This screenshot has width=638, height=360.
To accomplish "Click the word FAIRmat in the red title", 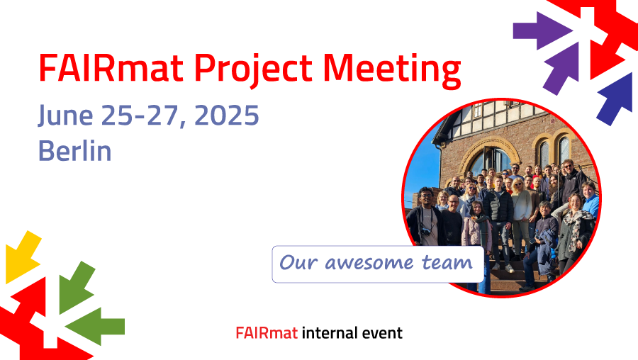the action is [111, 67].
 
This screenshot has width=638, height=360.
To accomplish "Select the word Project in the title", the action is [253, 70].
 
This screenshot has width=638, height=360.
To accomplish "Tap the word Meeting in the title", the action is [392, 70].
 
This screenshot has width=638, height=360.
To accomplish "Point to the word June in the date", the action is [65, 116].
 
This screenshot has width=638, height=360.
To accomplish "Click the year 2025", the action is [227, 116].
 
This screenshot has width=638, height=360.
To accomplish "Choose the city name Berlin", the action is [75, 150].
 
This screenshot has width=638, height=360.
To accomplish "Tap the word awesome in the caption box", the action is [369, 262].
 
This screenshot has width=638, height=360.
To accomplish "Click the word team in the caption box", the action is [447, 262].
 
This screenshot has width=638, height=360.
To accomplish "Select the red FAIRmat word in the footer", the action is [267, 333].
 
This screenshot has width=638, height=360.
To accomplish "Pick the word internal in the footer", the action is [329, 333].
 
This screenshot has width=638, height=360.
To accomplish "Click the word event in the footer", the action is [381, 333].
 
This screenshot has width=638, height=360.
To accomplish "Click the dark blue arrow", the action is [615, 99].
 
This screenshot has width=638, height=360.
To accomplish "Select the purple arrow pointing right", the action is [542, 31].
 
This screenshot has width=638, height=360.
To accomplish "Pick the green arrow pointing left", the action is [95, 326].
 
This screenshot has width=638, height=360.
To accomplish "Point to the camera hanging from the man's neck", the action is [426, 232].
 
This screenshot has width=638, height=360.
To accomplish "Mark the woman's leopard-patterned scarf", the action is [576, 227].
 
